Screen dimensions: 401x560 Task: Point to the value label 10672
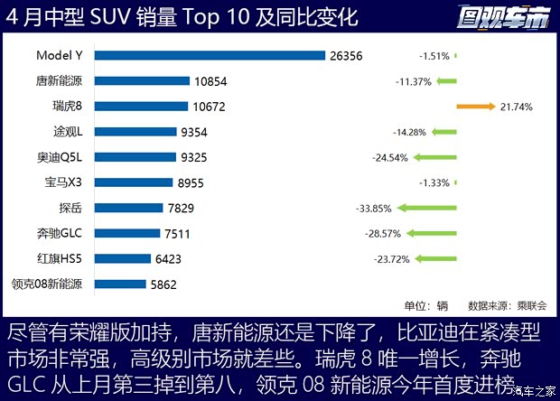[210, 107]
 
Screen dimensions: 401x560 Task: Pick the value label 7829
[195, 208]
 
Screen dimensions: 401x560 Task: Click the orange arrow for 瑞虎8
[476, 107]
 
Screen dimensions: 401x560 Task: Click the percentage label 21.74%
[516, 107]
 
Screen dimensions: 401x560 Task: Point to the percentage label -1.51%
[434, 56]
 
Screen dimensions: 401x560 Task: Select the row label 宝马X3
[63, 182]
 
